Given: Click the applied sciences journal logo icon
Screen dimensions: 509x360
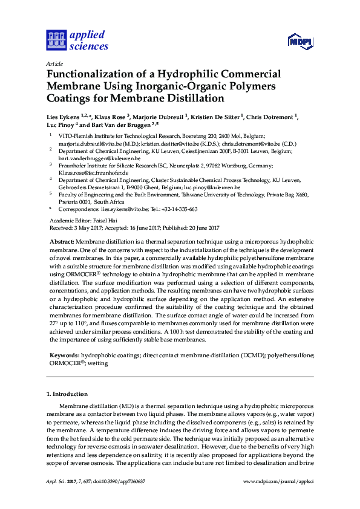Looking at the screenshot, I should [x=55, y=41].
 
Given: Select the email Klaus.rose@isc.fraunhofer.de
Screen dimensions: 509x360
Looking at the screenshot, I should [x=96, y=172].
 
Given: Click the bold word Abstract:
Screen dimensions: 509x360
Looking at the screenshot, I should [x=62, y=241].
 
